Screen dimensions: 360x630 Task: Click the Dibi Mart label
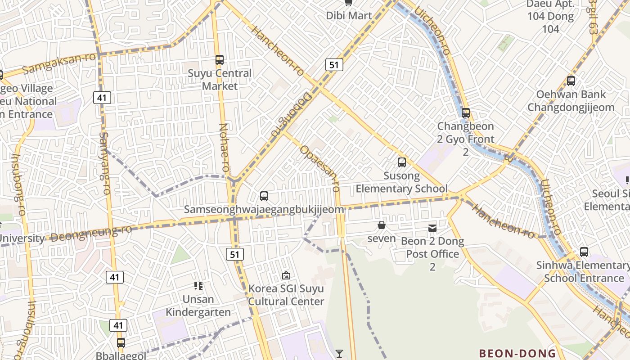coord(349,16)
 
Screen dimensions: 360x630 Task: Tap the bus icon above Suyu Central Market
coord(220,59)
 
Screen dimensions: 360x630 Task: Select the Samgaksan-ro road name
coord(59,63)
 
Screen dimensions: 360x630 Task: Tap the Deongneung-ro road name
coord(92,233)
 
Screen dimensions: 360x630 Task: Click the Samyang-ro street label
coord(104,163)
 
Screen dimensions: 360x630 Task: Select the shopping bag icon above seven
coord(382,225)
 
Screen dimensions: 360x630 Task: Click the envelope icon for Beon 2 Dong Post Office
coord(432,228)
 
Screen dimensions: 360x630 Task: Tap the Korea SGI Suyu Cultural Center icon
coord(286,275)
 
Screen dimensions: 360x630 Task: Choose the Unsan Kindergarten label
coord(198,306)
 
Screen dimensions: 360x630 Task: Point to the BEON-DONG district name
coord(517,353)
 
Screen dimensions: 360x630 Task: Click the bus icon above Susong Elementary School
coord(402,162)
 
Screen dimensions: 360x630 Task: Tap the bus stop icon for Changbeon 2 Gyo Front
coord(466,113)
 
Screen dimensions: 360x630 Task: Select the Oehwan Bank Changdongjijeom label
coord(571,101)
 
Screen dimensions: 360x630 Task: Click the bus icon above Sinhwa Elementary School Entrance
coord(584,252)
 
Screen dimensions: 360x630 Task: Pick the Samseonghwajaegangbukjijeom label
coord(264,209)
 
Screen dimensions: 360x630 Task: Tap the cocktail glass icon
coord(339,354)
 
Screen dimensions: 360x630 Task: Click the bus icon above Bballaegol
coord(121,343)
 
